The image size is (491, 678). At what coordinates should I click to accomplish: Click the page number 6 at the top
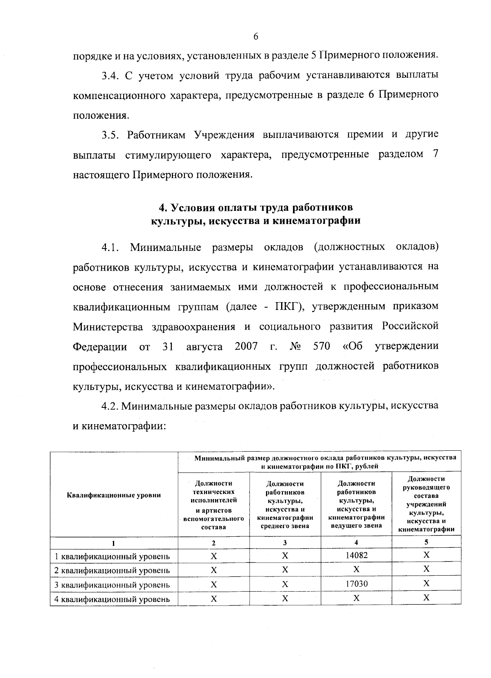(x=256, y=37)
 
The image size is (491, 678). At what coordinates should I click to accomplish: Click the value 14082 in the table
(x=356, y=555)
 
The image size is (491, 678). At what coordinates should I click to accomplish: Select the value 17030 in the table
(x=356, y=583)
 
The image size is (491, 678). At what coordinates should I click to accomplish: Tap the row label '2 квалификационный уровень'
(x=112, y=570)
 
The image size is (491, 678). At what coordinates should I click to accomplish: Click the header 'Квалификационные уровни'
(x=114, y=495)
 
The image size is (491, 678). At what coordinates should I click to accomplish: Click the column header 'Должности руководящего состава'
(x=426, y=504)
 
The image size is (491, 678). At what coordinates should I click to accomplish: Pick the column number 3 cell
(x=285, y=542)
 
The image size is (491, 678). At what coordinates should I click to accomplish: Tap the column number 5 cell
(x=426, y=542)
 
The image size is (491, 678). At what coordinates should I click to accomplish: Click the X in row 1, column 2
(x=214, y=556)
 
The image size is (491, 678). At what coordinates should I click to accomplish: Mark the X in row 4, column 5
(x=426, y=597)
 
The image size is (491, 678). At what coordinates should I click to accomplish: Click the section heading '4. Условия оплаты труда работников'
(x=256, y=208)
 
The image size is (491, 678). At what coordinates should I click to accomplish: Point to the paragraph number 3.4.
(x=109, y=76)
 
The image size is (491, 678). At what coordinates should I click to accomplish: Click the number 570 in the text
(x=321, y=346)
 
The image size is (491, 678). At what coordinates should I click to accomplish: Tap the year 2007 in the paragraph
(x=246, y=346)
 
